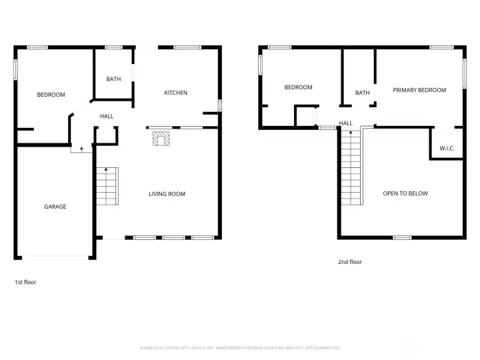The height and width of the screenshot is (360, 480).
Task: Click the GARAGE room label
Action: pyautogui.click(x=55, y=207)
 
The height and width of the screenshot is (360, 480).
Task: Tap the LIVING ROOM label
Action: pyautogui.click(x=167, y=194)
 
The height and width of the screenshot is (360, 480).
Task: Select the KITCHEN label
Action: pyautogui.click(x=176, y=93)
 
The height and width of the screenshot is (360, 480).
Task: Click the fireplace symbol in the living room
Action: pyautogui.click(x=161, y=138)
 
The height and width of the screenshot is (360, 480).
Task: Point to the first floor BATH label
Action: pyautogui.click(x=113, y=79)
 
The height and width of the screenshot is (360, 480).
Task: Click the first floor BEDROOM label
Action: pyautogui.click(x=51, y=95)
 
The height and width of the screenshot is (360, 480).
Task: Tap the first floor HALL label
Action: pyautogui.click(x=107, y=116)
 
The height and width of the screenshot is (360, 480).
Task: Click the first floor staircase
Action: pyautogui.click(x=107, y=186)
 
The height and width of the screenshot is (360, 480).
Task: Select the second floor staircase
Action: pyautogui.click(x=351, y=168)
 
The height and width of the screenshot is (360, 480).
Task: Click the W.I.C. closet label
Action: pyautogui.click(x=447, y=148)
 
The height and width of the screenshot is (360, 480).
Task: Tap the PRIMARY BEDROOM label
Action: pyautogui.click(x=419, y=90)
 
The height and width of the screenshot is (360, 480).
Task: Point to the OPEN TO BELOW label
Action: pyautogui.click(x=405, y=193)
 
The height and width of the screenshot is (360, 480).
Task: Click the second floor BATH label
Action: pyautogui.click(x=362, y=93)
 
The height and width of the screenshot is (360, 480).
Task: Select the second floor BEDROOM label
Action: pyautogui.click(x=298, y=87)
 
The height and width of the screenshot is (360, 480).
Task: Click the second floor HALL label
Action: pyautogui.click(x=346, y=123)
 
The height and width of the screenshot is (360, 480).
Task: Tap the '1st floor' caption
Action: pyautogui.click(x=25, y=282)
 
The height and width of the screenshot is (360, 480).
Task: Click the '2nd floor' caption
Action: pyautogui.click(x=349, y=262)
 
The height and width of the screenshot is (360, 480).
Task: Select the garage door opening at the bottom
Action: pyautogui.click(x=55, y=257)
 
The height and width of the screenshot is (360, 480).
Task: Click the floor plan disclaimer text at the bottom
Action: pyautogui.click(x=240, y=347)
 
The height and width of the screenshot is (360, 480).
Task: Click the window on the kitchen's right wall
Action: pyautogui.click(x=219, y=105)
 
